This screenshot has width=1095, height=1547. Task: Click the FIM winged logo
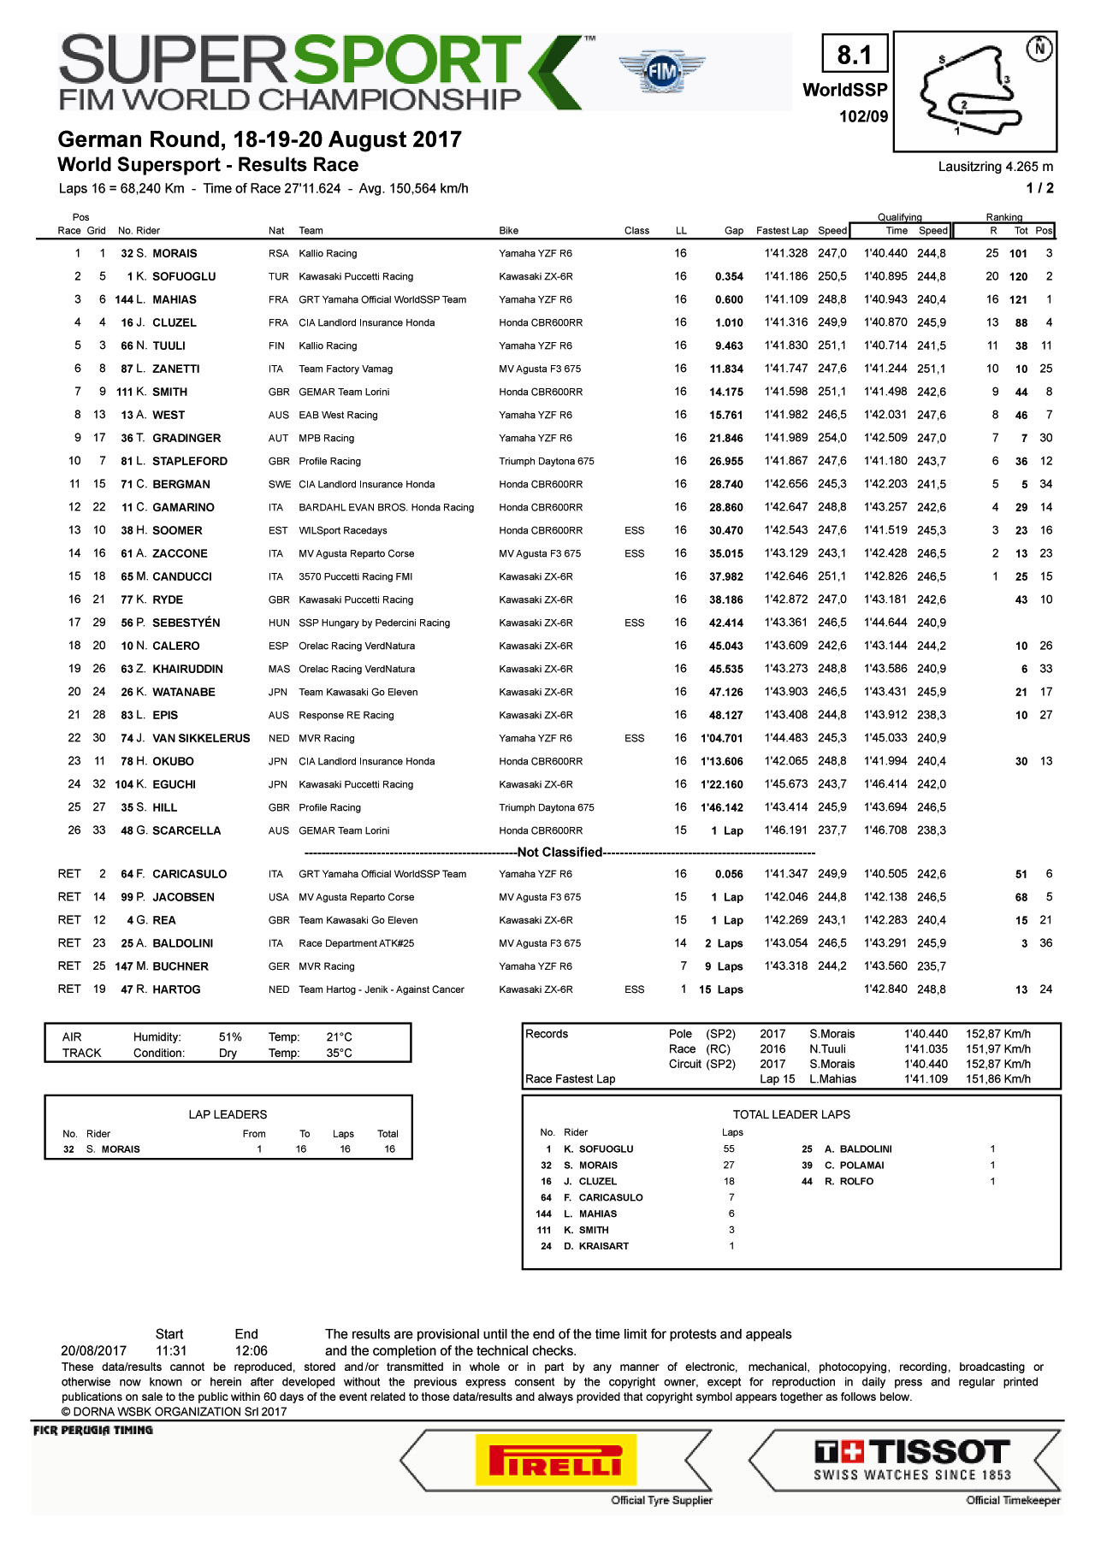click(662, 73)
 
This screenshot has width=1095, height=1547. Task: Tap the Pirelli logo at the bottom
click(555, 1461)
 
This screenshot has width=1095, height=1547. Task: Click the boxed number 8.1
click(854, 56)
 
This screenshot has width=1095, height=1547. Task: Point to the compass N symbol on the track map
click(1039, 48)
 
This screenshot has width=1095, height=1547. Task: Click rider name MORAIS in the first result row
click(175, 254)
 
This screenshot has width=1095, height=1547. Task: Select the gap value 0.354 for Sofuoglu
click(729, 277)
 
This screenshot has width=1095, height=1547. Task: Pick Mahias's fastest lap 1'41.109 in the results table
click(786, 300)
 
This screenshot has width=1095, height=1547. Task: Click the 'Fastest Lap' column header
click(782, 231)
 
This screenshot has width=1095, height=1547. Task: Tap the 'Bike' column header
click(509, 231)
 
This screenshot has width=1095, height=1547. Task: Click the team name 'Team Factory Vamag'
click(346, 369)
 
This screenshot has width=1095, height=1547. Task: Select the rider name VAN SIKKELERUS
click(201, 739)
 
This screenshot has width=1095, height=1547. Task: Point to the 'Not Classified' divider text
click(559, 853)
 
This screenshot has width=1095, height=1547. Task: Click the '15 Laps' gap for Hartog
click(720, 990)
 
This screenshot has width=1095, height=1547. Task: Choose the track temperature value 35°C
click(339, 1054)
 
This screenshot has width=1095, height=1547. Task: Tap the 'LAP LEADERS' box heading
click(228, 1115)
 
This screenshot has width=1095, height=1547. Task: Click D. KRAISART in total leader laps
click(596, 1247)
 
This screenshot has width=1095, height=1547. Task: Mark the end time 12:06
click(251, 1351)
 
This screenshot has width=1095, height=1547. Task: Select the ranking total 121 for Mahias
click(1018, 300)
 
